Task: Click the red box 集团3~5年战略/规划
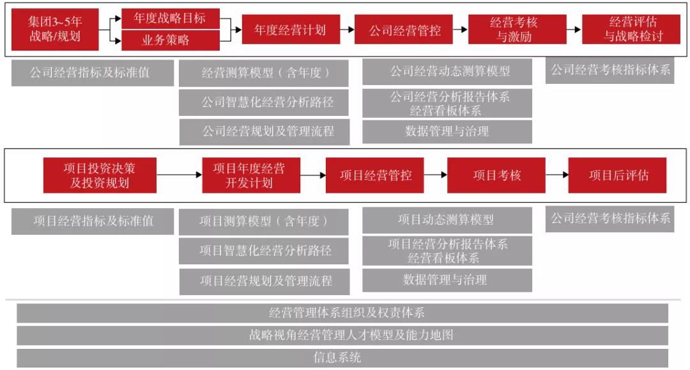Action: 55,29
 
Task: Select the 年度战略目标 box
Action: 170,19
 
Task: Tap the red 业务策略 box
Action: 170,40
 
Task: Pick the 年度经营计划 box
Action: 291,29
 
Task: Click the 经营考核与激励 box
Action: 517,29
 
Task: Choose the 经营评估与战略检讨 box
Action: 631,29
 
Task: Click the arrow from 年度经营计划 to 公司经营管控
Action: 347,30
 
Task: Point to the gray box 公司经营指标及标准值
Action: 93,73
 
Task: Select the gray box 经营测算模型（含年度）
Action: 264,73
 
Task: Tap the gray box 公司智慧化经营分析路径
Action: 264,103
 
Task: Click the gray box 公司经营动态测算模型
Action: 447,72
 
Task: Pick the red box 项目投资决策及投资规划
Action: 100,175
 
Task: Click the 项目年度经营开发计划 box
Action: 251,175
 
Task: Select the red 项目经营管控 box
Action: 375,175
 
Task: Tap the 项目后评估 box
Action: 617,175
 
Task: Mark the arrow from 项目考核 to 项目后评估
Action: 556,175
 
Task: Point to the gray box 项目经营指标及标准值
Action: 93,221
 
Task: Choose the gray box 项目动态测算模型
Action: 447,220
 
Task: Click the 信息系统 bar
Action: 342,357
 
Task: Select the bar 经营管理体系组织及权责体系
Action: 342,313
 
